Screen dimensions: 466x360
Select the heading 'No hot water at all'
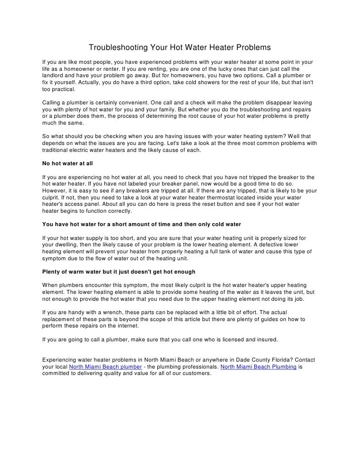[x=68, y=163]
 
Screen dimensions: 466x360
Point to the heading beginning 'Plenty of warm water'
[x=119, y=272]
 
